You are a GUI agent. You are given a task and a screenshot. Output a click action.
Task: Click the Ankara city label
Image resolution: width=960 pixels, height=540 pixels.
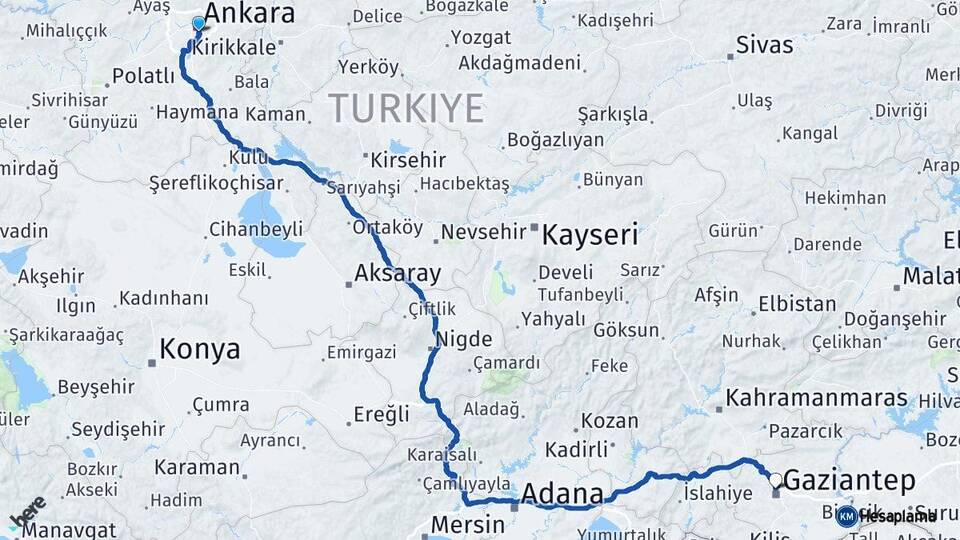click(x=249, y=14)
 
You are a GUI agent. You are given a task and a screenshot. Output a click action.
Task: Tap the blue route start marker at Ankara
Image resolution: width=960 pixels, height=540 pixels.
click(x=198, y=23)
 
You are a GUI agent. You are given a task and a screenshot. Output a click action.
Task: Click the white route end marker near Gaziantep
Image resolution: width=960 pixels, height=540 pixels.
click(x=775, y=480)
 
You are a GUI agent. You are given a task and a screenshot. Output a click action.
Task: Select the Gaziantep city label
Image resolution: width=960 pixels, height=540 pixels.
click(x=849, y=481)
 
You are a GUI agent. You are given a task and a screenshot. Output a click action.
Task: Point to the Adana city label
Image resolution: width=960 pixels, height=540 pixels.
click(x=563, y=494)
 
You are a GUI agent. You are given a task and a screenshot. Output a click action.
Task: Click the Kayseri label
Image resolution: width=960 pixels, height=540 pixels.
click(x=590, y=236)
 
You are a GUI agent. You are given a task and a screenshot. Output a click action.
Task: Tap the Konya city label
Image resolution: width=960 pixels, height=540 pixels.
click(x=200, y=350)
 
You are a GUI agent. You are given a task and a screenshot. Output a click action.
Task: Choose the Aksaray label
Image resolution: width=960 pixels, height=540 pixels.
click(x=398, y=273)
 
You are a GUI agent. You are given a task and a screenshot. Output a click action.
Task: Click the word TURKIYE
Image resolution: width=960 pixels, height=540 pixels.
click(x=406, y=107)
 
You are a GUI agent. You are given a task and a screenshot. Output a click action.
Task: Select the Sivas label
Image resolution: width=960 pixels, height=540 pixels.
click(x=764, y=45)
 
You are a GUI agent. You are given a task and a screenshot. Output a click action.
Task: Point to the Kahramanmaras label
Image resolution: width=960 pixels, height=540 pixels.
click(x=817, y=398)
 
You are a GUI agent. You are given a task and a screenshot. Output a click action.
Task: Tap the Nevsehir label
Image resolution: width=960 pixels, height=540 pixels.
click(x=483, y=232)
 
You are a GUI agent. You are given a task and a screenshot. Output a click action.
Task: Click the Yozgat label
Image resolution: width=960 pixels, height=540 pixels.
click(x=481, y=37)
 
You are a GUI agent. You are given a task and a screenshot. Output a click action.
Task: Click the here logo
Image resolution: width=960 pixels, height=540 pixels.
click(x=27, y=512)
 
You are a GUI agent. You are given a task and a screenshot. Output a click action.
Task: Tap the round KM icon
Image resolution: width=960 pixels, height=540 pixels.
click(x=846, y=516)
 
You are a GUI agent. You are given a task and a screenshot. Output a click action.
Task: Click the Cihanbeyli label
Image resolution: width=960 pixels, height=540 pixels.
click(x=256, y=229)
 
